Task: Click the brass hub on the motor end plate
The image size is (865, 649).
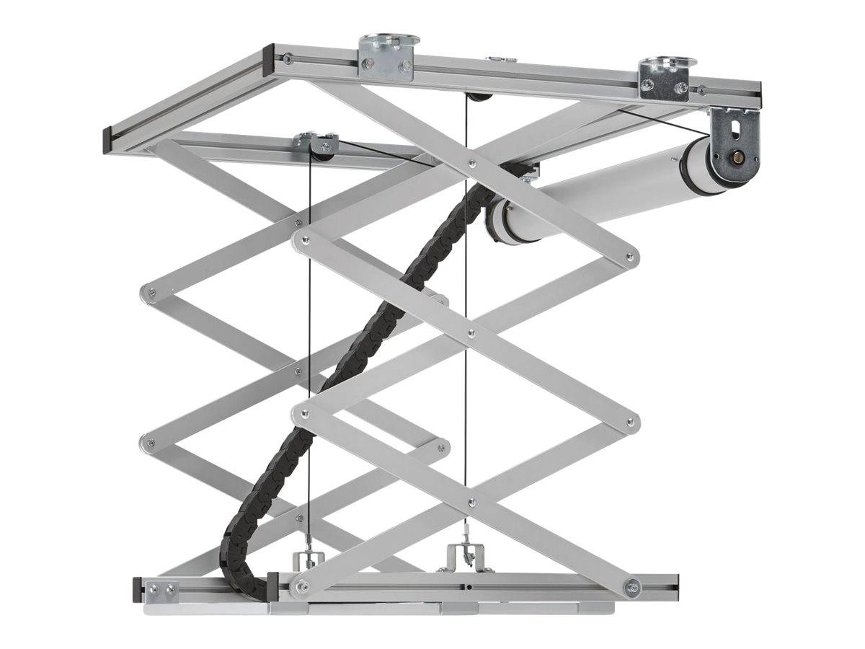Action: [737, 156]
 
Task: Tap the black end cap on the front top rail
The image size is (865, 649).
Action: [268, 61]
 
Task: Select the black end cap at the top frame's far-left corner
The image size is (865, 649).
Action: [107, 136]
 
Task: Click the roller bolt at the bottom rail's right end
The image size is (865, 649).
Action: [632, 587]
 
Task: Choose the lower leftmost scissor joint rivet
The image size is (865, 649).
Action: [149, 442]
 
